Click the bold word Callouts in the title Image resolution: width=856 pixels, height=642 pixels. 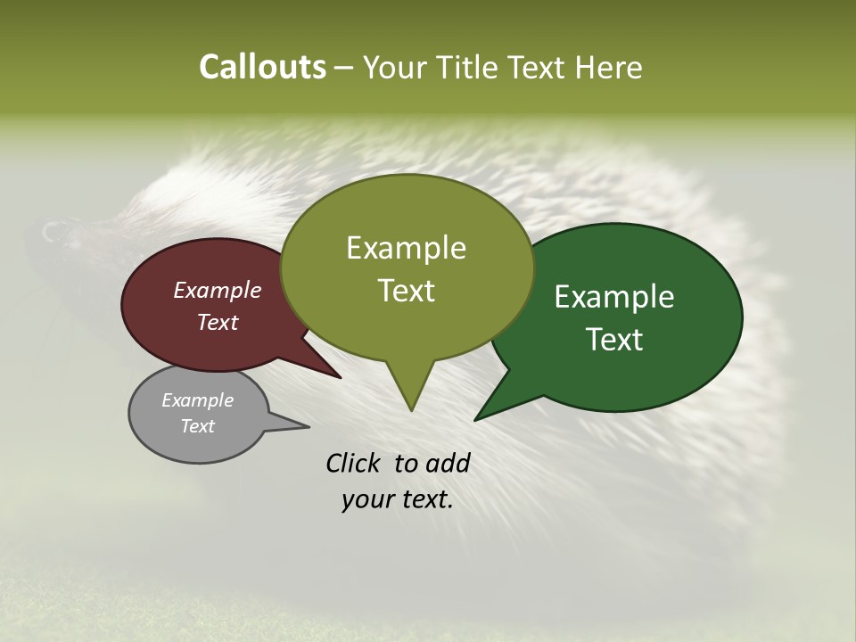tap(262, 67)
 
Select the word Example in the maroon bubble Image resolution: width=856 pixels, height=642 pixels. tap(218, 290)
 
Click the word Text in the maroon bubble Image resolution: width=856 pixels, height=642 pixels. tap(218, 322)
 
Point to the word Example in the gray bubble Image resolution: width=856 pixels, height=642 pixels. tap(198, 400)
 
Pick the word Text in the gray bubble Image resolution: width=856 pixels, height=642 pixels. tap(198, 426)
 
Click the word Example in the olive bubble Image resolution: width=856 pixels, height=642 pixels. tap(406, 248)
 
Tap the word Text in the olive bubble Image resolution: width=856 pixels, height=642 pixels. tap(406, 291)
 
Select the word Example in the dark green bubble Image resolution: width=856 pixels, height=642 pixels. tap(614, 297)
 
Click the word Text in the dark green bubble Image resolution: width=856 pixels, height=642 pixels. tap(614, 340)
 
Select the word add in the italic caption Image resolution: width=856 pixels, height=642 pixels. tap(448, 463)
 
